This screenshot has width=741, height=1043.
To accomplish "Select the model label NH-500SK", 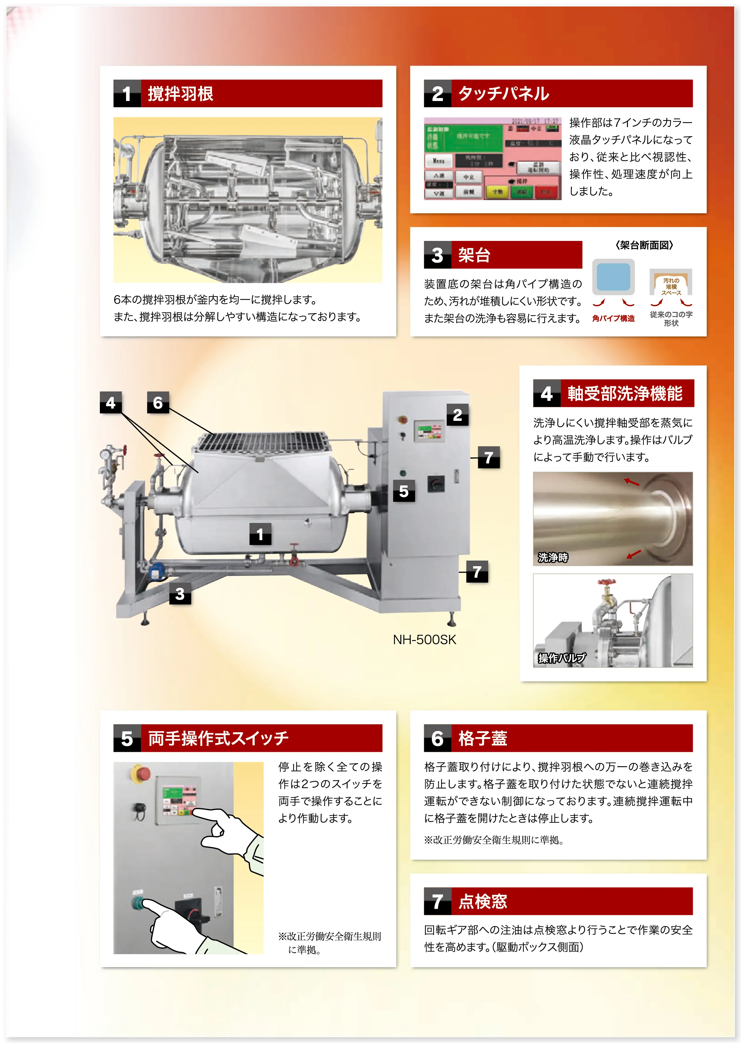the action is coord(424,640).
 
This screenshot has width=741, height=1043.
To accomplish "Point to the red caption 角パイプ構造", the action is coord(613,318).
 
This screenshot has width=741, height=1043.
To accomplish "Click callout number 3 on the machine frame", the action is coord(180,593).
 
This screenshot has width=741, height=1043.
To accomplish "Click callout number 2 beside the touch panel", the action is coord(457,415).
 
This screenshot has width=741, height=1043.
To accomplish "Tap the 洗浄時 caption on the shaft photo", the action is coord(552,557).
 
